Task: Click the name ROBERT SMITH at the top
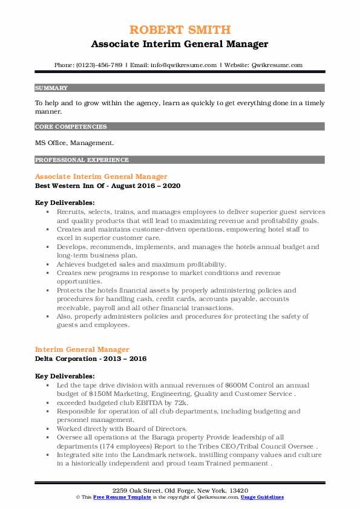click(180, 30)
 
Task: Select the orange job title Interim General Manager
click(82, 349)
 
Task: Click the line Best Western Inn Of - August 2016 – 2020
click(108, 186)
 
